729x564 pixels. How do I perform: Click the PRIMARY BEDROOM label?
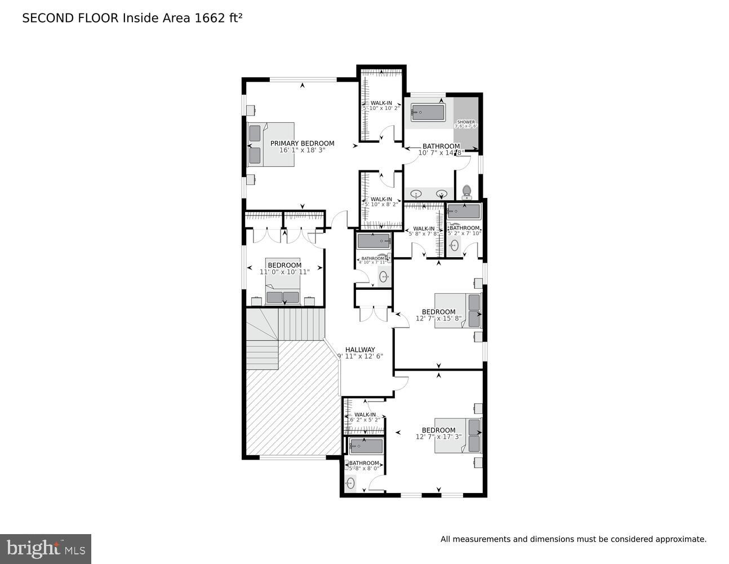302,143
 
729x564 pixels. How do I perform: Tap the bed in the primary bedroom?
271,144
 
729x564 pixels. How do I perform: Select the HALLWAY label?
360,350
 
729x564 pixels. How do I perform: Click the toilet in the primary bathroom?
466,192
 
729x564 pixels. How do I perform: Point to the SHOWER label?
466,122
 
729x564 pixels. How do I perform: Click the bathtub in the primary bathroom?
428,112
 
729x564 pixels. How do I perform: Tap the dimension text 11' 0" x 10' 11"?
285,272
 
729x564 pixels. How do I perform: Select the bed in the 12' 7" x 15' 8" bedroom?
457,310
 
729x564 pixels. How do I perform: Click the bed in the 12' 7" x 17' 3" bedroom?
457,435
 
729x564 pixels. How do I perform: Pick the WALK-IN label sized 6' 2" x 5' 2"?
365,415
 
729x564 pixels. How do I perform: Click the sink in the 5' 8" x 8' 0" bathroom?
351,483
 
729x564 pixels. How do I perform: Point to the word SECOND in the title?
43,18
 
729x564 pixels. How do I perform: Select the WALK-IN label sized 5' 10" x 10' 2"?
381,103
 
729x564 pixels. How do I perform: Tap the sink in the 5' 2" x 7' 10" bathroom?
454,245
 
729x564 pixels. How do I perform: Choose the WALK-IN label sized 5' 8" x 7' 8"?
424,228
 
